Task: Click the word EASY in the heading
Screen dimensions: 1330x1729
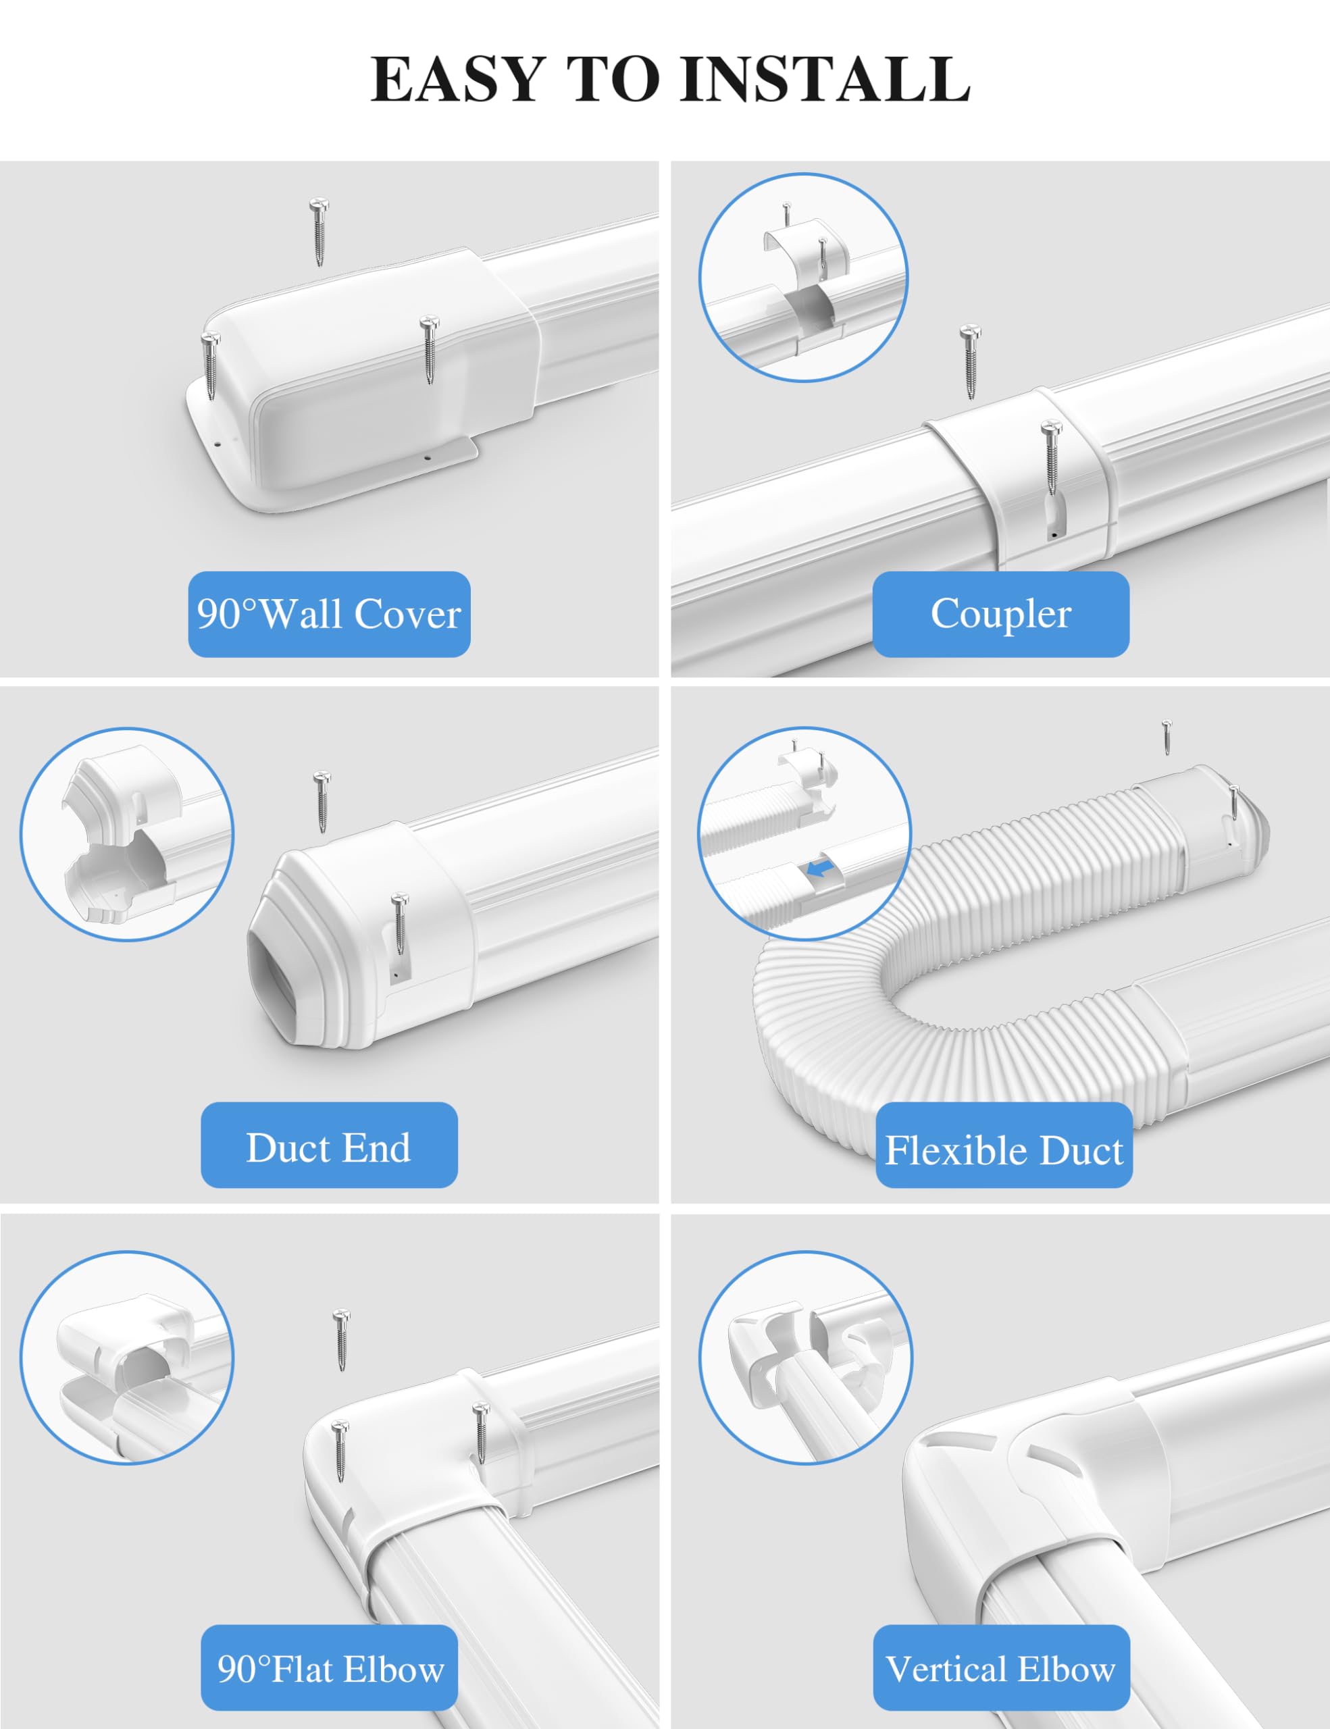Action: click(x=457, y=79)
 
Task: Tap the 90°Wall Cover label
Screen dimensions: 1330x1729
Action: click(x=330, y=615)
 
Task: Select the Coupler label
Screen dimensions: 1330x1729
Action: click(x=1000, y=615)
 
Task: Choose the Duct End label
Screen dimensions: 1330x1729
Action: click(x=330, y=1145)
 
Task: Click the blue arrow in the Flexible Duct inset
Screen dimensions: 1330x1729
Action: click(x=820, y=869)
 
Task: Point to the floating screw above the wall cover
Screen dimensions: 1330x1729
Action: click(x=319, y=232)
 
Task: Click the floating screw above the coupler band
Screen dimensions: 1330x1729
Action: click(x=970, y=361)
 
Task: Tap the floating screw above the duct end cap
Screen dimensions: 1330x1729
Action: click(x=321, y=801)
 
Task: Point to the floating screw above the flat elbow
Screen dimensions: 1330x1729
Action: click(x=341, y=1340)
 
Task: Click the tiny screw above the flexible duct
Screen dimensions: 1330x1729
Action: click(x=1166, y=737)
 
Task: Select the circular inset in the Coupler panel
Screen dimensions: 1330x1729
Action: click(x=804, y=277)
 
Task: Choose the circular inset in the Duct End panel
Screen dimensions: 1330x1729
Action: click(x=127, y=834)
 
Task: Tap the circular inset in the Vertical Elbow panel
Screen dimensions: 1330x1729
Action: click(x=806, y=1357)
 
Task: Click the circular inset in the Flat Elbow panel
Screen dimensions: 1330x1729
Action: click(x=127, y=1357)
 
